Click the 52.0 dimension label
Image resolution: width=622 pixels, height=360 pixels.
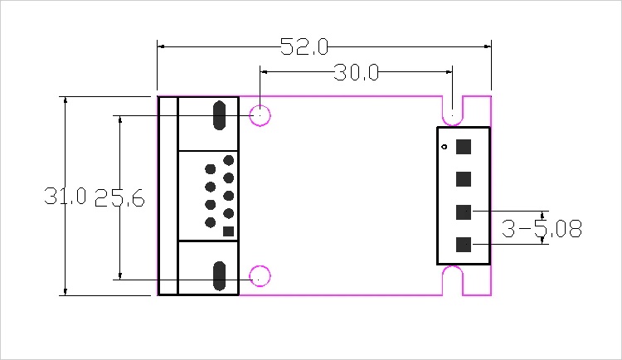coord(304,46)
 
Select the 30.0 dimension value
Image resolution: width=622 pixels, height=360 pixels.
coord(356,73)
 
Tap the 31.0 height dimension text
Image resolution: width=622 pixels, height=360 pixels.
coord(65,196)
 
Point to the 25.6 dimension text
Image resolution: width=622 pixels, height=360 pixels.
coord(119,197)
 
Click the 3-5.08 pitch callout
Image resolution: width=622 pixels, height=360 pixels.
coord(542,229)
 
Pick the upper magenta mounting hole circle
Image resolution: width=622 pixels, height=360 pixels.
coord(260,115)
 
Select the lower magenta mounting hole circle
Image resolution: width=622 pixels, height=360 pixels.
coord(260,276)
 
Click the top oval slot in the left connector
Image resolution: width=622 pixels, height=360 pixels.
coord(220,115)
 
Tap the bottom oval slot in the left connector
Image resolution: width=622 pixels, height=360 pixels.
coord(220,276)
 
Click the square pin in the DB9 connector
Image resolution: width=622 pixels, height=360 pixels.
coord(229,231)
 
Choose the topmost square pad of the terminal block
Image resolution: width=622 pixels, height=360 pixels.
coord(464,147)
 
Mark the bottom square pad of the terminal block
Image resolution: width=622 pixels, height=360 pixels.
coord(464,245)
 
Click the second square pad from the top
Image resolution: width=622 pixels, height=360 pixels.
coord(464,179)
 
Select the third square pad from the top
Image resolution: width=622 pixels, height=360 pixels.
coord(464,212)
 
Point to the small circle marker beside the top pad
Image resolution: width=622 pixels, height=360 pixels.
coord(445,147)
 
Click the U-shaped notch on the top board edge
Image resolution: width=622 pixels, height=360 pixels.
coord(453,110)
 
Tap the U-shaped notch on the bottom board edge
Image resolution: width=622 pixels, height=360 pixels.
coord(453,280)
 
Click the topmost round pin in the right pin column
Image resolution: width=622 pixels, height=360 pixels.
coord(229,160)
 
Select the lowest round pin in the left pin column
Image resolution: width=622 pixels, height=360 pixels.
coord(211,222)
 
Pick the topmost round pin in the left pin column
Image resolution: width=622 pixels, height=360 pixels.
coord(211,169)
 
